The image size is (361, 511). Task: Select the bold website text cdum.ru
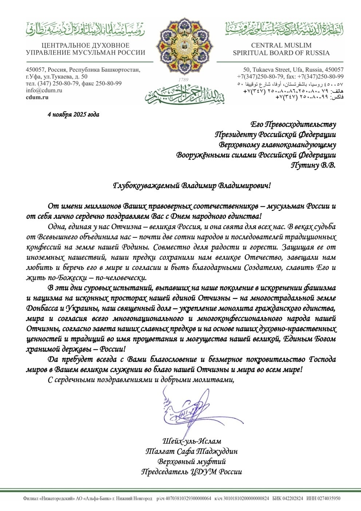37,97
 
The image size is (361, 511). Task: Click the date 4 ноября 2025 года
73,114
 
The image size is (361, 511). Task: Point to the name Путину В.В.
313,165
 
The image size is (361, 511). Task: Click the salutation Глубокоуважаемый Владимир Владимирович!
192,185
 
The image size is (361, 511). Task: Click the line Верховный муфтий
191,462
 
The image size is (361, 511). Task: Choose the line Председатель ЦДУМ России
191,472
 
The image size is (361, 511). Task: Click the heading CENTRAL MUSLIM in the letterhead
281,45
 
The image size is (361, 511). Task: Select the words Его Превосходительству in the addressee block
293,124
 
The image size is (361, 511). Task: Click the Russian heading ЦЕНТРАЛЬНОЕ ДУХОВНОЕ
86,45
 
